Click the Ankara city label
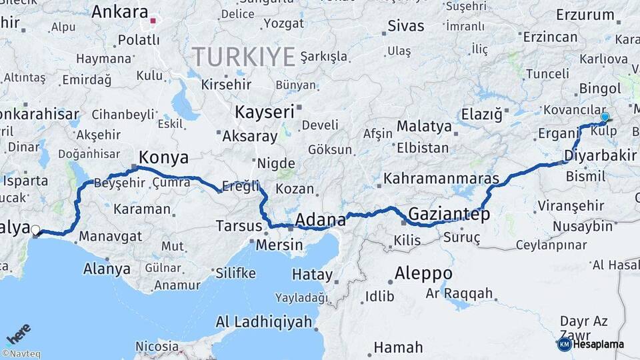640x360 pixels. pos(119,12)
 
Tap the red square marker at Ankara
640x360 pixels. pos(153,21)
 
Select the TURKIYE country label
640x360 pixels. pos(243,57)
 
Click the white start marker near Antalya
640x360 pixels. pos(35,231)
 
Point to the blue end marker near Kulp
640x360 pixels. pos(605,117)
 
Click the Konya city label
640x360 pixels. pos(163,157)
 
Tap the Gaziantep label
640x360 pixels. pos(449,215)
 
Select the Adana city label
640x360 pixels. pos(320,219)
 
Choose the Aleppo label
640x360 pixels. pos(423,273)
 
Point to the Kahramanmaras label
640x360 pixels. pos(441,179)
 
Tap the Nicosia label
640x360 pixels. pos(157,347)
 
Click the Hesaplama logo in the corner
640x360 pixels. pos(591,344)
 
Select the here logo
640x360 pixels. pos(19,333)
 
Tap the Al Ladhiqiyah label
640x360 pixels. pos(263,322)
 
